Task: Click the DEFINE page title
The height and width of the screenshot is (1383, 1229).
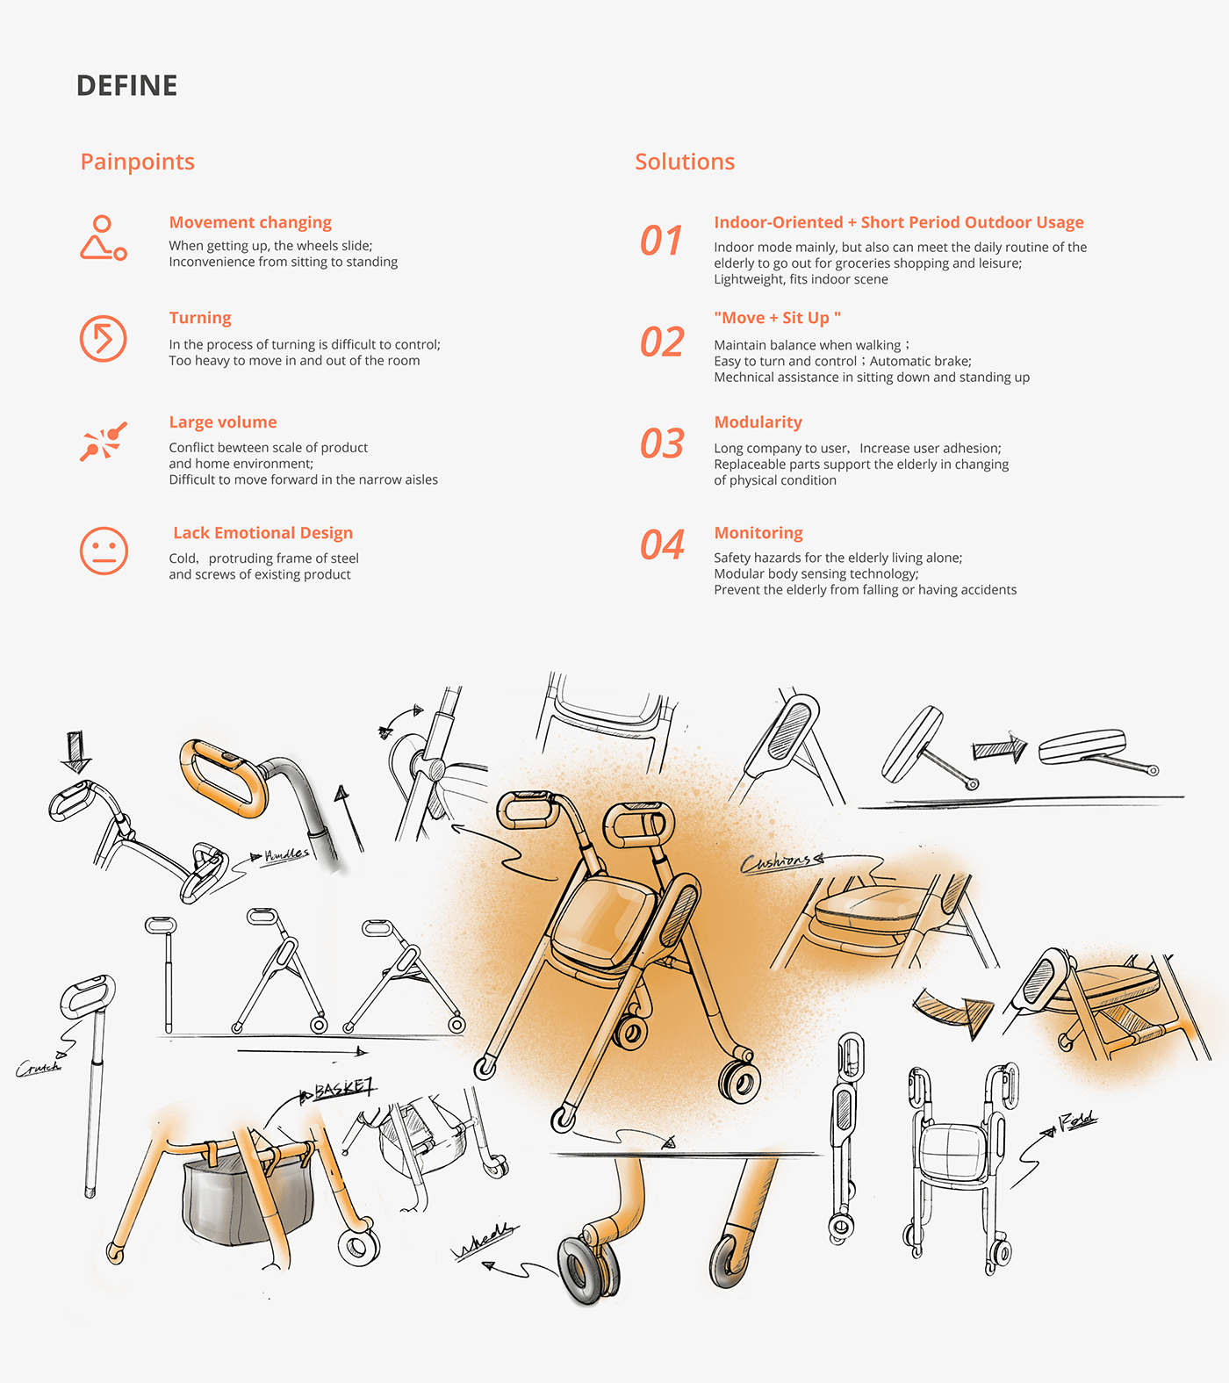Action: point(126,86)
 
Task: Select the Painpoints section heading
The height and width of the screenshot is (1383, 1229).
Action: point(137,162)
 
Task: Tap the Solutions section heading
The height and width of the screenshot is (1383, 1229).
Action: point(685,162)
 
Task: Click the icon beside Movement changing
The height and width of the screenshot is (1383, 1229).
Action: point(103,239)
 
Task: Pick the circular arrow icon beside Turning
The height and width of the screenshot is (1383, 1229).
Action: point(104,339)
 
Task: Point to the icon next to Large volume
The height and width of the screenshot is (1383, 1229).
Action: point(104,441)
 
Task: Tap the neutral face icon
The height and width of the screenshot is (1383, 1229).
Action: point(104,551)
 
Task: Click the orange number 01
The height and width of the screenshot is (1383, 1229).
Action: point(661,241)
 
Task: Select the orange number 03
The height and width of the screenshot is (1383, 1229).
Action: point(662,443)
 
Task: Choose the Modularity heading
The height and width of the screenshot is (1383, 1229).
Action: point(758,422)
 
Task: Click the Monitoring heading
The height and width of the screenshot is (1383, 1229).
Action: point(758,533)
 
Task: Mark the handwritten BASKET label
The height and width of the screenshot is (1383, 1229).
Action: point(343,1090)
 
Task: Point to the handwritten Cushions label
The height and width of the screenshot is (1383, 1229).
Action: point(778,862)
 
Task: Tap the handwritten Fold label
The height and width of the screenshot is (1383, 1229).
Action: point(1077,1120)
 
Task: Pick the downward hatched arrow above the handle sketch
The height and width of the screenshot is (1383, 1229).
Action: point(76,751)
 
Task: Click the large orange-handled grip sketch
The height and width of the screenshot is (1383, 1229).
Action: point(223,777)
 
